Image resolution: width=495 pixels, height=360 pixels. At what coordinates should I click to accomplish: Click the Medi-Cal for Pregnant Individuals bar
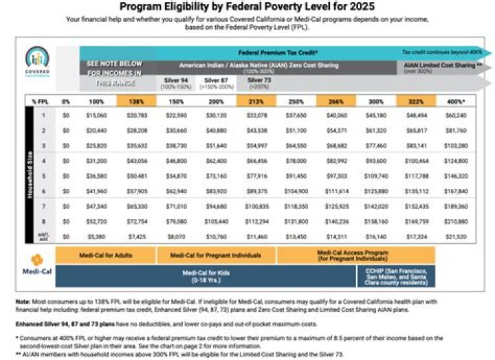point(217,256)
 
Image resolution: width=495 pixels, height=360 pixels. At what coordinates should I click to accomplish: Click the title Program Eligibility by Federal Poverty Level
point(247,8)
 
